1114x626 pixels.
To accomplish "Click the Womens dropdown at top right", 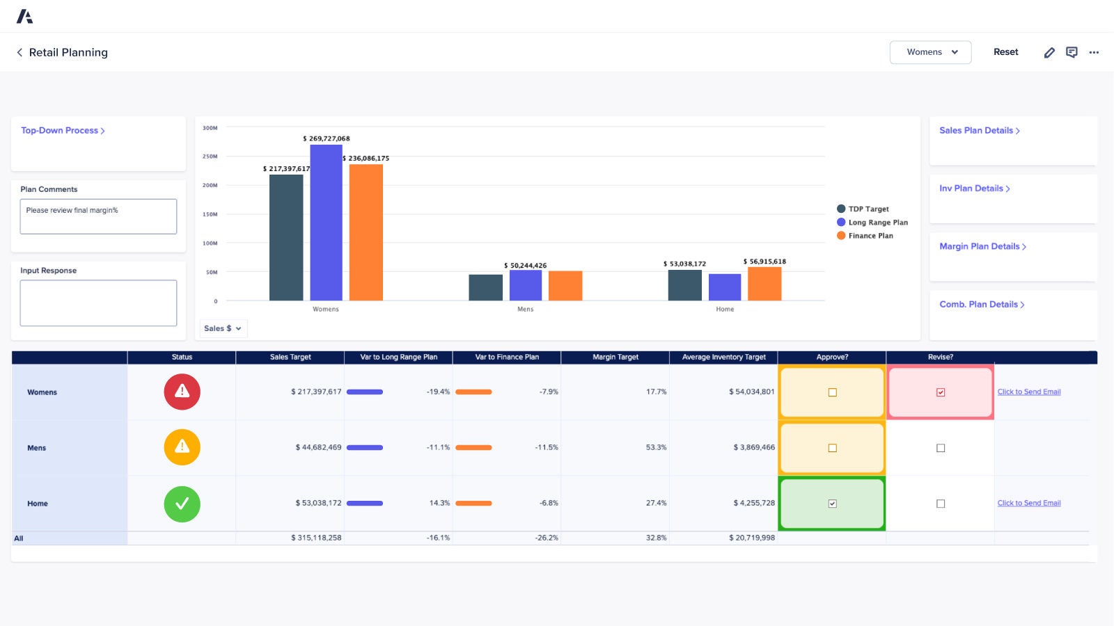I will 930,52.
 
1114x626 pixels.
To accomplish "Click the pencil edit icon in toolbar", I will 1049,53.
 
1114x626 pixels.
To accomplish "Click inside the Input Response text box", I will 98,303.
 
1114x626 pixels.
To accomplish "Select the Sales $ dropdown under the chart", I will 222,328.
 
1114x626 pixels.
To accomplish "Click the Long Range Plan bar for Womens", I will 326,223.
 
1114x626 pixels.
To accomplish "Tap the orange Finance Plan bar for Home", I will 764,284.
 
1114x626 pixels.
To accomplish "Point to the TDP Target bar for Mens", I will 485,287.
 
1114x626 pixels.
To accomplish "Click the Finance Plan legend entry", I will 870,236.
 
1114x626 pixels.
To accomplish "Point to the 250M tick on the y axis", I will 210,156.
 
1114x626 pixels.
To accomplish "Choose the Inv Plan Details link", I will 973,188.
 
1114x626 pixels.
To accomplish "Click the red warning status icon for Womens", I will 182,392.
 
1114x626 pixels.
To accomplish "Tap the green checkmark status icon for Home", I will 182,504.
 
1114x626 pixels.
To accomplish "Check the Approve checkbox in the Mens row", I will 832,448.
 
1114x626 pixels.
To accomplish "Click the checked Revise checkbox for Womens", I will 941,392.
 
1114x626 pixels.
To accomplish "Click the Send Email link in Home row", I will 1028,503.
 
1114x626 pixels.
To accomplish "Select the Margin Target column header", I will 615,357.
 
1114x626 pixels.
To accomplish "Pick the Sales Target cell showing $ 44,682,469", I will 318,447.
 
